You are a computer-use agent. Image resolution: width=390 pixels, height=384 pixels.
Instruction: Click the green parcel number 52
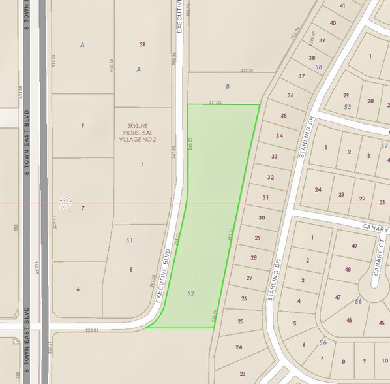[x=190, y=293]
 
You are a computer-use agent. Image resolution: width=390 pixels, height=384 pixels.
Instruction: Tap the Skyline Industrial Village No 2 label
[x=142, y=134]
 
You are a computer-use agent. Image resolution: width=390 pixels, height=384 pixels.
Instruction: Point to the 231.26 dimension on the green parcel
[x=215, y=102]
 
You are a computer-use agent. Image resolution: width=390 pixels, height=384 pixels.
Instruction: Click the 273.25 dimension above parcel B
[x=247, y=71]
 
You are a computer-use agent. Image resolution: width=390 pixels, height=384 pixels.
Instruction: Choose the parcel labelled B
[x=228, y=86]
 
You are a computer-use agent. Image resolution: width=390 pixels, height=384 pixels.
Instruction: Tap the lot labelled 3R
[x=142, y=45]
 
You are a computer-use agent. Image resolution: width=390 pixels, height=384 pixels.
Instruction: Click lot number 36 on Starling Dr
[x=290, y=95]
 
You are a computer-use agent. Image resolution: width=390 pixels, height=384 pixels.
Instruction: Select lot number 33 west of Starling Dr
[x=274, y=157]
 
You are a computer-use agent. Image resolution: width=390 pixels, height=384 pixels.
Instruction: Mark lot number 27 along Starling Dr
[x=249, y=278]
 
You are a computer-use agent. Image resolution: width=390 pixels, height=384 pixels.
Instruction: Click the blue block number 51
[x=130, y=240]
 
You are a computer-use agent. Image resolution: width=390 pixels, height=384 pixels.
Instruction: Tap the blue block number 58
[x=318, y=67]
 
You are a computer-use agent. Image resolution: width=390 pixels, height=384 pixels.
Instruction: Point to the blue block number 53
[x=348, y=106]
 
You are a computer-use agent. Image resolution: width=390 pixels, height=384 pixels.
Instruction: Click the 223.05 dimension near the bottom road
[x=91, y=330]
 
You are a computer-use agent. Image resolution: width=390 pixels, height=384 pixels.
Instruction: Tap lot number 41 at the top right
[x=342, y=6]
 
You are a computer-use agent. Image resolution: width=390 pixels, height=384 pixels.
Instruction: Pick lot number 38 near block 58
[x=311, y=58]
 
